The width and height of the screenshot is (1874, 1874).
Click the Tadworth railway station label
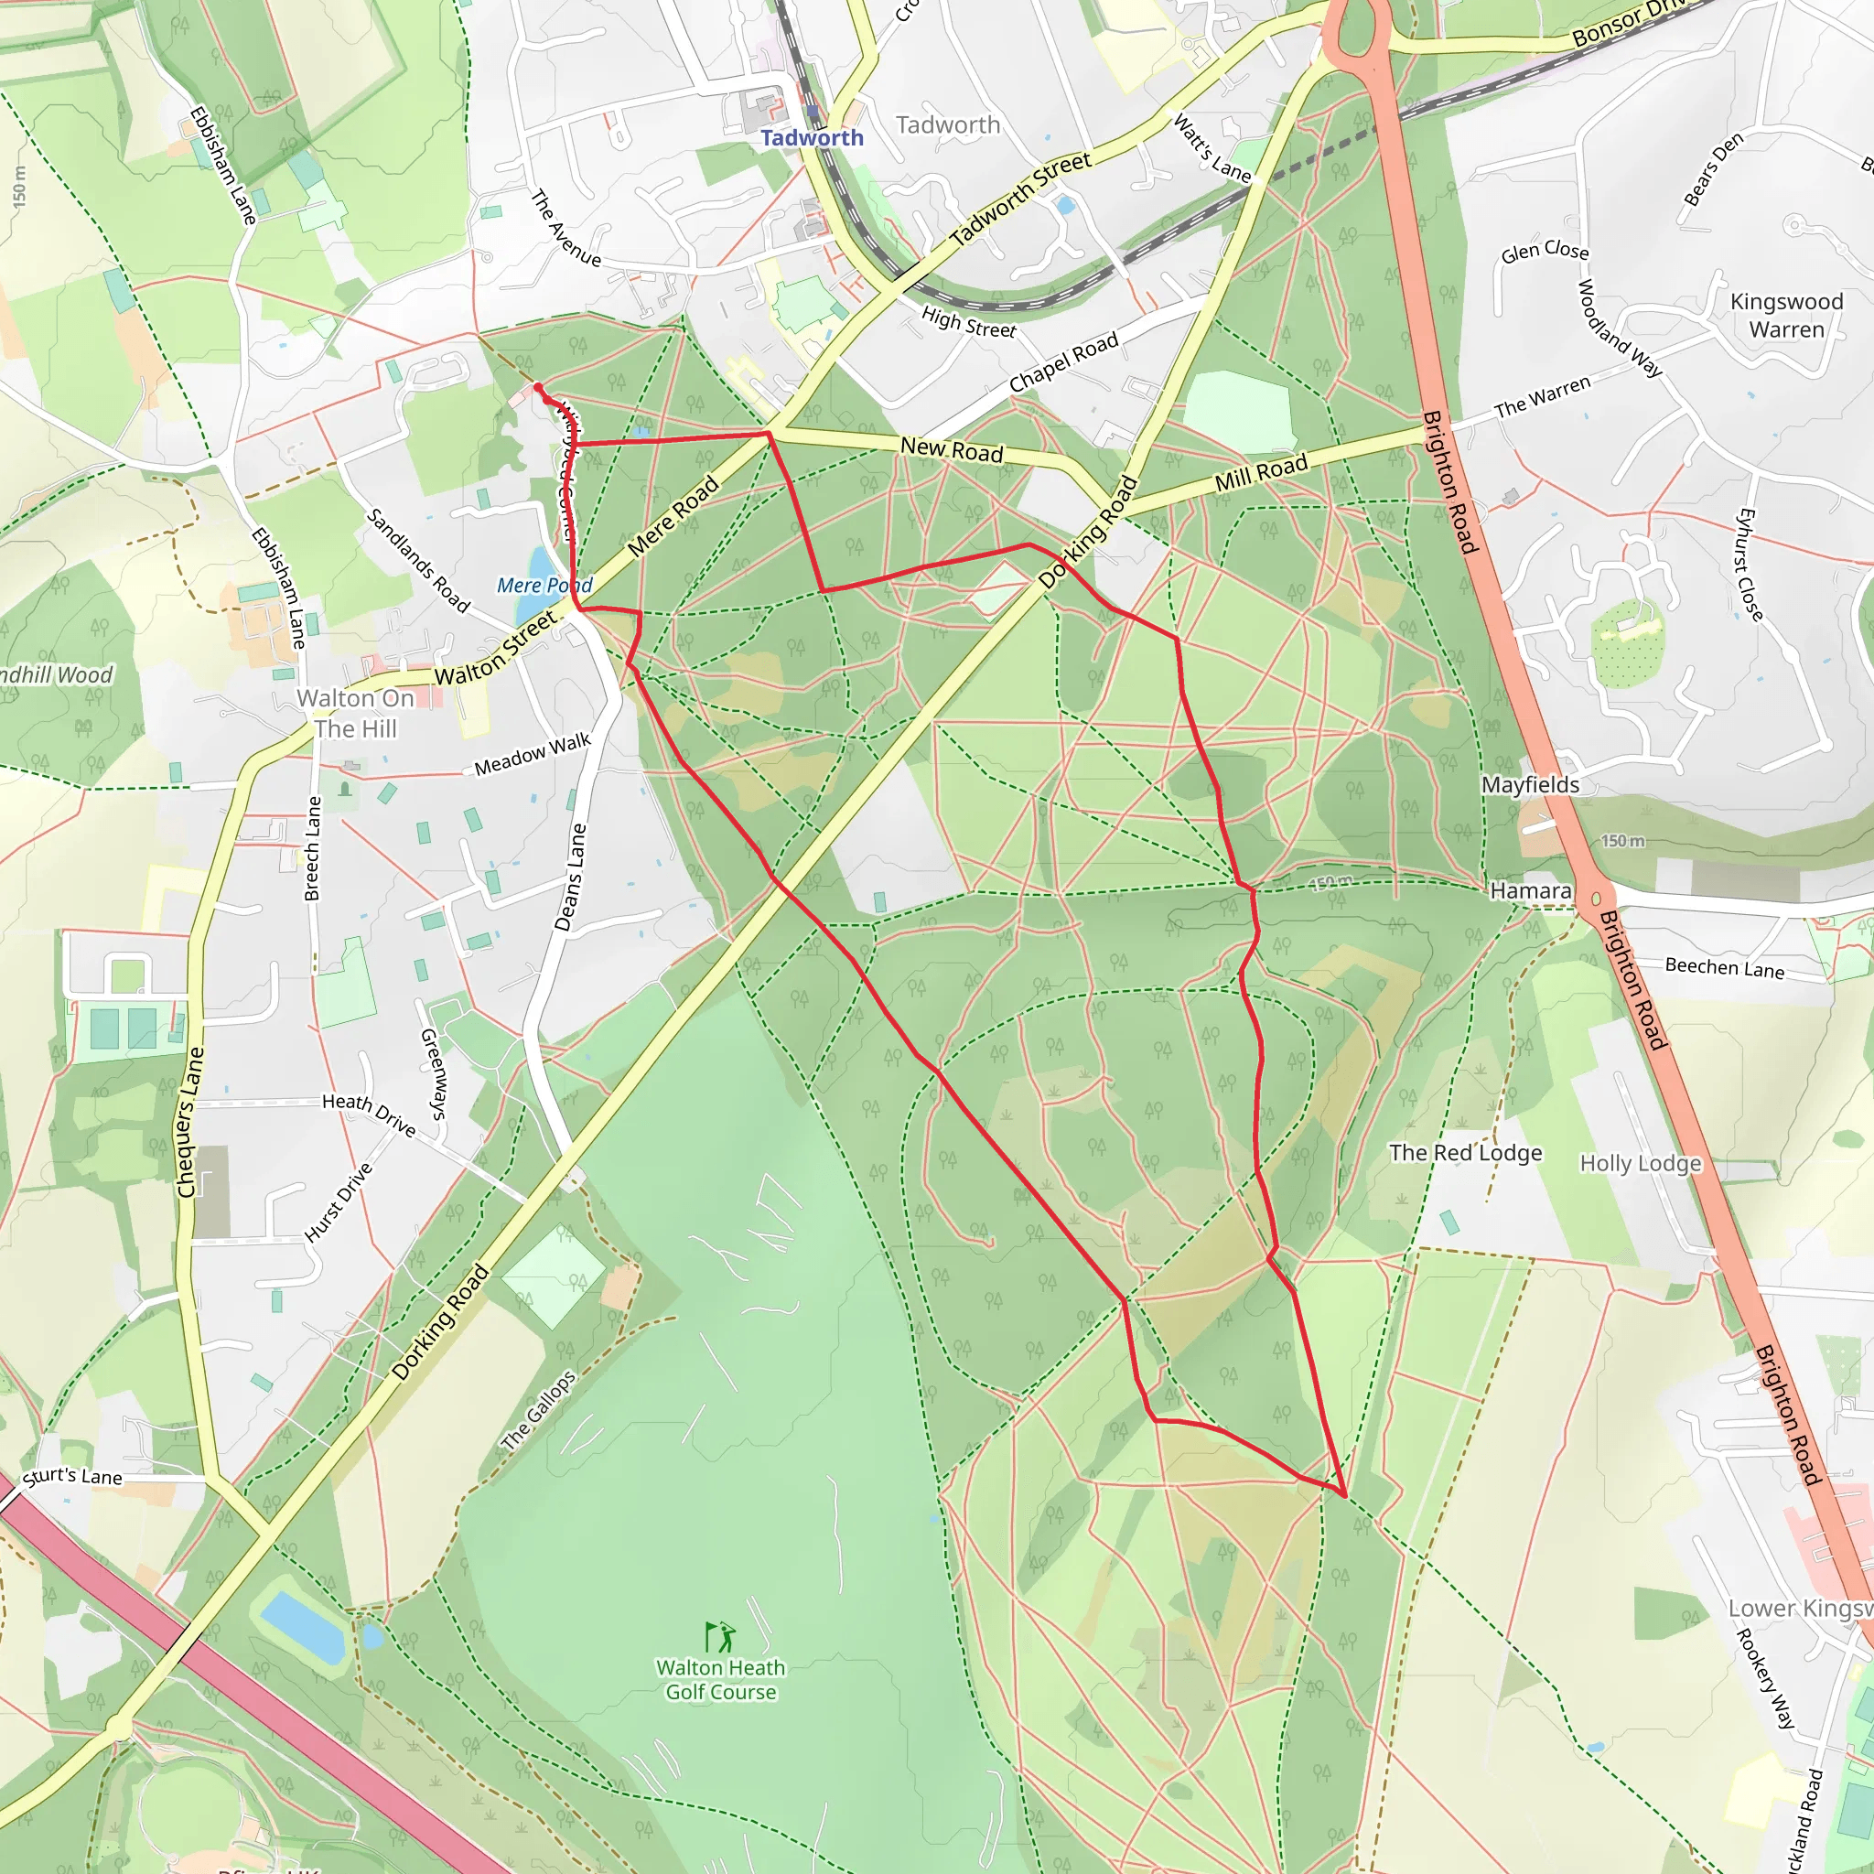(x=812, y=138)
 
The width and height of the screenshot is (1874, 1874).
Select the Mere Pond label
(x=544, y=585)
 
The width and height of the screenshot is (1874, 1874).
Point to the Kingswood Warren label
(x=1786, y=316)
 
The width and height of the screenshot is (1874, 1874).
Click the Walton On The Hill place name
(x=355, y=713)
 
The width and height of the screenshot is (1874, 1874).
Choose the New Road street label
(x=951, y=449)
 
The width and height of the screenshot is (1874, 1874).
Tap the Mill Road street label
(x=1260, y=472)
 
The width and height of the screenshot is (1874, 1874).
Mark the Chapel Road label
(x=1063, y=362)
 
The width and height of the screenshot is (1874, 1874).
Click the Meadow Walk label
(x=533, y=755)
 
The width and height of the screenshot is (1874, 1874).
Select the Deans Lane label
(x=571, y=877)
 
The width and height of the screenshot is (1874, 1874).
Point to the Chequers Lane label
(x=191, y=1121)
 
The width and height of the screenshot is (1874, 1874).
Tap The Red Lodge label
(x=1465, y=1152)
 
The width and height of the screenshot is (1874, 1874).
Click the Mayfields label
(x=1530, y=784)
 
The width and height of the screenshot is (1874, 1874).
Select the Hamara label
(x=1530, y=889)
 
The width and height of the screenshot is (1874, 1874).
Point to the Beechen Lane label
(x=1724, y=967)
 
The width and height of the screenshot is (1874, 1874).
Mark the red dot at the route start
(x=538, y=388)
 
